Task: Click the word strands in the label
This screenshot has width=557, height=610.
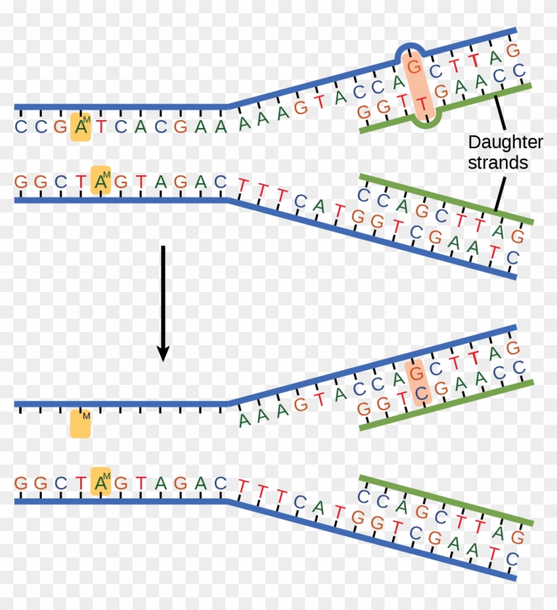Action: pos(498,163)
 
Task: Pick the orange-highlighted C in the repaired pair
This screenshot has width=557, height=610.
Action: pos(418,394)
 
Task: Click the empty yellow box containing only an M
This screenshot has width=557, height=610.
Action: pos(80,423)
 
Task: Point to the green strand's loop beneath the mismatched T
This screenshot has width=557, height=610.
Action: pos(424,123)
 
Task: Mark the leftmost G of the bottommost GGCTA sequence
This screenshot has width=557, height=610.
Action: pos(20,483)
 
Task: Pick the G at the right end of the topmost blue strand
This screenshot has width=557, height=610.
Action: pos(511,50)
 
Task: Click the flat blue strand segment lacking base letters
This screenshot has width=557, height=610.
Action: pos(119,404)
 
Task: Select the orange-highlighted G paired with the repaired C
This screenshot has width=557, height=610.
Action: pos(415,371)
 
